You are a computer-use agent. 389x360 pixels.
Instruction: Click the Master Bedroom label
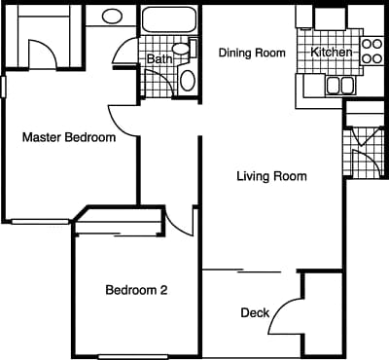pos(68,137)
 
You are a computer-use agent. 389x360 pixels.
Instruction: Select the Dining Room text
pos(252,53)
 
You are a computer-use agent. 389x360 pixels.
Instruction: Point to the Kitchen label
pos(330,52)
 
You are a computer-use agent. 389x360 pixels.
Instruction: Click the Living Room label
pos(271,176)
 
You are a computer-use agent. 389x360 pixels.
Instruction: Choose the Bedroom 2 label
pos(136,289)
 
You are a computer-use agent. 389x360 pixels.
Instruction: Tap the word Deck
pos(255,312)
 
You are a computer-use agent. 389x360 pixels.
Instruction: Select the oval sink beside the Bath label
pos(188,79)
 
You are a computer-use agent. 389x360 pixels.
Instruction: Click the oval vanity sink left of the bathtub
pos(112,17)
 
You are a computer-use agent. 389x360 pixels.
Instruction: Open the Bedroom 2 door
pos(181,220)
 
